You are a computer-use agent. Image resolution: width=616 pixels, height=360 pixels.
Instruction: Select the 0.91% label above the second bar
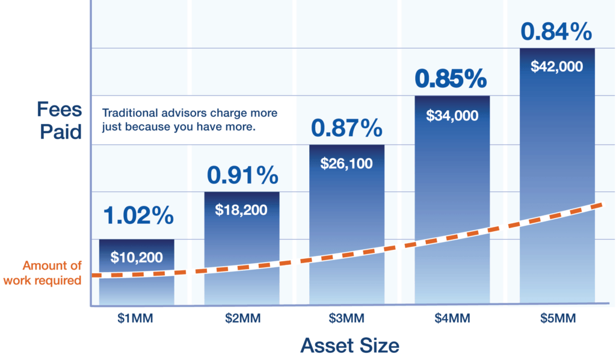click(x=242, y=175)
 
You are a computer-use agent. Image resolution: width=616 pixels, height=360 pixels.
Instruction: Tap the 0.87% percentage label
click(x=346, y=128)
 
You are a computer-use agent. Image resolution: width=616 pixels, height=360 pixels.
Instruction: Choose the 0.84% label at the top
click(x=556, y=32)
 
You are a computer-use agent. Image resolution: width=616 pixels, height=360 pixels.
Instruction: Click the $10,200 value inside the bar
click(x=137, y=258)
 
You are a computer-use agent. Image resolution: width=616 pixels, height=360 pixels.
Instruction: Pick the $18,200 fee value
click(x=241, y=210)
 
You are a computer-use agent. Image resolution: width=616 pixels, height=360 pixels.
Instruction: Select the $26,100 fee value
click(x=346, y=163)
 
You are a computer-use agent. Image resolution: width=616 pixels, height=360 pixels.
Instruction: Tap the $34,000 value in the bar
click(x=452, y=116)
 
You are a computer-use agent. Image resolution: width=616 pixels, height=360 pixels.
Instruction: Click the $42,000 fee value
click(x=556, y=67)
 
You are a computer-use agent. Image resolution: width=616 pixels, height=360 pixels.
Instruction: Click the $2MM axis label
click(x=241, y=318)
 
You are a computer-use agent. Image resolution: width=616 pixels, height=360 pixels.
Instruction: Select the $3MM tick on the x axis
click(x=346, y=318)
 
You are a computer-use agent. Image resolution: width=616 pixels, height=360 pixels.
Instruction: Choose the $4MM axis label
click(x=452, y=318)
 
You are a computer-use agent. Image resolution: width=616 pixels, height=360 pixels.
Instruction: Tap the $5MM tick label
click(x=556, y=318)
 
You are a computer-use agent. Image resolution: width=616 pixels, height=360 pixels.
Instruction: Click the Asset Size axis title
click(x=350, y=346)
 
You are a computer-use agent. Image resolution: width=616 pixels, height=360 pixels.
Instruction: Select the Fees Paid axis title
click(x=59, y=120)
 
